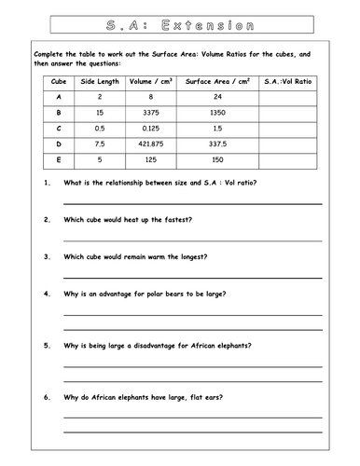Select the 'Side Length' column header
pos(102,81)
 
